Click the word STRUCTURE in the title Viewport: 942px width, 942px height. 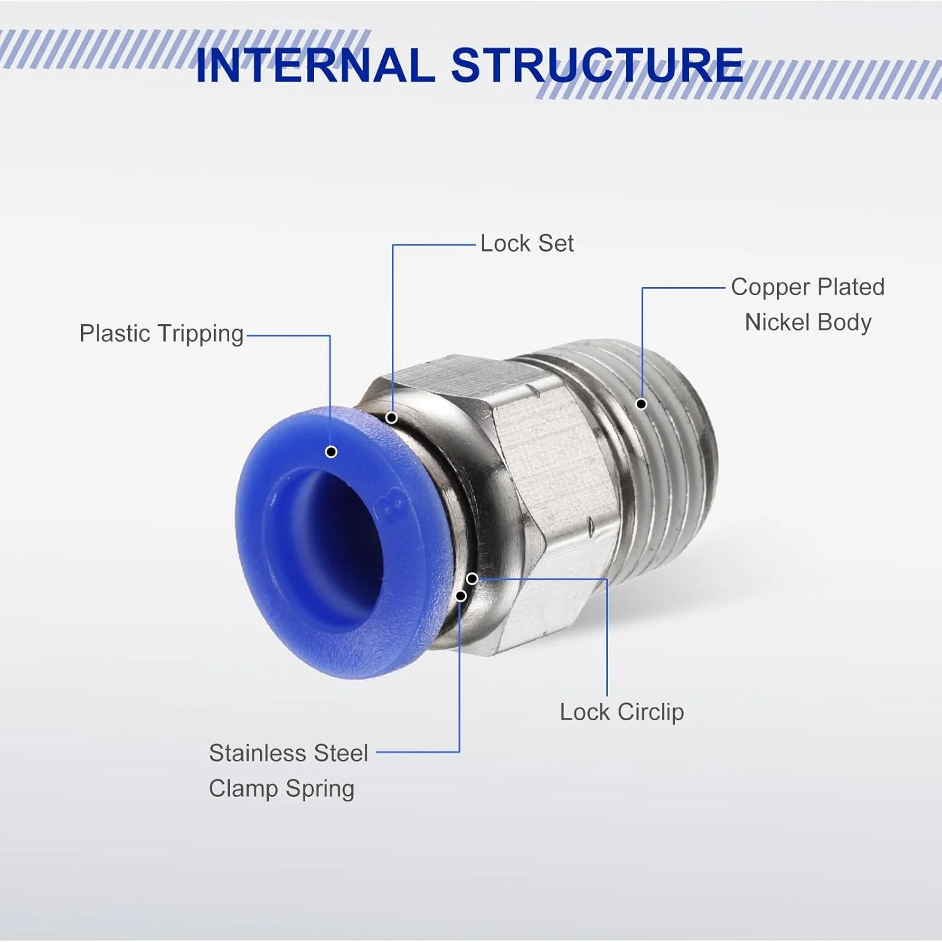tap(597, 65)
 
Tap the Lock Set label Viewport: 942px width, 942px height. tap(527, 244)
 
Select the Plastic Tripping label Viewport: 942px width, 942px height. tap(161, 333)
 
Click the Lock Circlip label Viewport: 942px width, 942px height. tap(622, 712)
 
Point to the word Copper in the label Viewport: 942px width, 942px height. tap(771, 288)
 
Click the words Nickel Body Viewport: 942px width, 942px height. tap(808, 322)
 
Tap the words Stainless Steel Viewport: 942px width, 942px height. tap(288, 753)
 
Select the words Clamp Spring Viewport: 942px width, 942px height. tap(281, 789)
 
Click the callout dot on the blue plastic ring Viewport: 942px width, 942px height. tap(332, 452)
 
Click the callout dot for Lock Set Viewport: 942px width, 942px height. tap(391, 418)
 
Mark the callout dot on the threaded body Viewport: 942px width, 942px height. tap(641, 404)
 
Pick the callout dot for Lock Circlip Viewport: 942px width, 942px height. tap(472, 578)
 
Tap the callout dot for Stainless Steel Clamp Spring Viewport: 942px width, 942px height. tap(461, 595)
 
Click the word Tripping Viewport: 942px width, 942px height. tap(200, 333)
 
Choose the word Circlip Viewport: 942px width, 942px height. tap(651, 712)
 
